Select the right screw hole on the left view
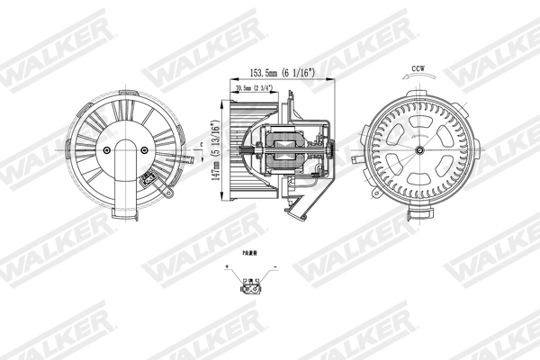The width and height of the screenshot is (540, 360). (x=148, y=150)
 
